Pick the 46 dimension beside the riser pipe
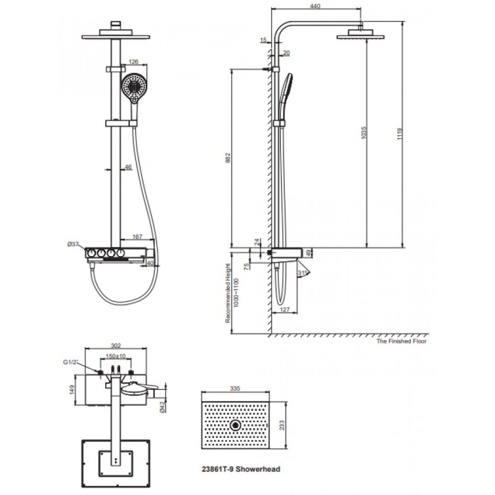[x=128, y=167]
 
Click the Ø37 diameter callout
[x=74, y=244]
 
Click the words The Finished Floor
[x=402, y=341]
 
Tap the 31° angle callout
[x=303, y=272]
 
